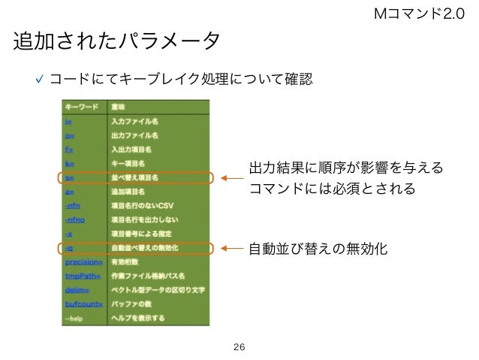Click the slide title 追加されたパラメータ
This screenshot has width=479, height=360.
point(117,41)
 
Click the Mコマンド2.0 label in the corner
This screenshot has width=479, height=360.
point(424,12)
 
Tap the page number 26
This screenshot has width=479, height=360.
point(239,346)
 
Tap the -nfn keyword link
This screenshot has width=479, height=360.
point(73,205)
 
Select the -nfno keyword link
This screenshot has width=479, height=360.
point(75,219)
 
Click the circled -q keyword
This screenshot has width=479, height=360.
point(69,247)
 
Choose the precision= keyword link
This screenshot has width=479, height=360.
point(82,262)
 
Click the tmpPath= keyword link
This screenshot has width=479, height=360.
point(81,275)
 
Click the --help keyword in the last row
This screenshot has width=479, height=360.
point(74,318)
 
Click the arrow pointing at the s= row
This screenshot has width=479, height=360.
point(233,178)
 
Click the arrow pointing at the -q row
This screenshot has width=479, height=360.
point(233,247)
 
